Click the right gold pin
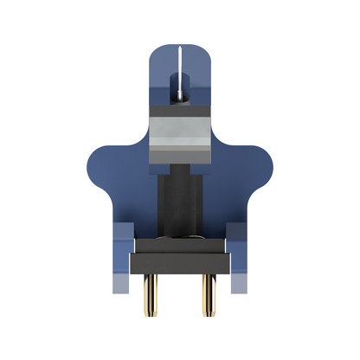pyautogui.click(x=209, y=294)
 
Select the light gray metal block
pyautogui.click(x=180, y=133)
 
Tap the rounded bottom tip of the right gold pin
pyautogui.click(x=209, y=312)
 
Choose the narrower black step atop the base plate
pyautogui.click(x=180, y=245)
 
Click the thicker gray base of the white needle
pyautogui.click(x=179, y=89)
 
